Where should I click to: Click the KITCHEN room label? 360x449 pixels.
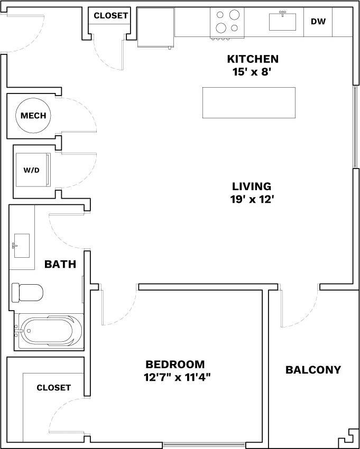click(253, 59)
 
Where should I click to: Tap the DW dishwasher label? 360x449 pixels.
click(318, 22)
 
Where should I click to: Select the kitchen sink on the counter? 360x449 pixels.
click(283, 22)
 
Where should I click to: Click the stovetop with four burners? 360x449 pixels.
click(227, 22)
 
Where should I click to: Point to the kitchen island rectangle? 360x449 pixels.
click(248, 102)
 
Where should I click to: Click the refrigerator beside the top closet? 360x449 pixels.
click(156, 28)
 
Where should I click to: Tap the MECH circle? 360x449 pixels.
click(33, 116)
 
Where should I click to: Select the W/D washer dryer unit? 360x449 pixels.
click(32, 170)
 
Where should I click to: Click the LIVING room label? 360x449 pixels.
click(252, 186)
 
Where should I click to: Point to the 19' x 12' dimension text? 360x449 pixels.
click(252, 200)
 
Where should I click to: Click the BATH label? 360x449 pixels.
click(60, 264)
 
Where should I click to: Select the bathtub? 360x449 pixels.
click(49, 331)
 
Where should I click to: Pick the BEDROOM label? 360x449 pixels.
click(175, 364)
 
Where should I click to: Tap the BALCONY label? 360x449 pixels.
click(313, 370)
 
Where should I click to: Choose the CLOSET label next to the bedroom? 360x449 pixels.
click(53, 388)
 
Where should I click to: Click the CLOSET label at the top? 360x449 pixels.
click(110, 16)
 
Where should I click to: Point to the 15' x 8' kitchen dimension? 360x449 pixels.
click(252, 72)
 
